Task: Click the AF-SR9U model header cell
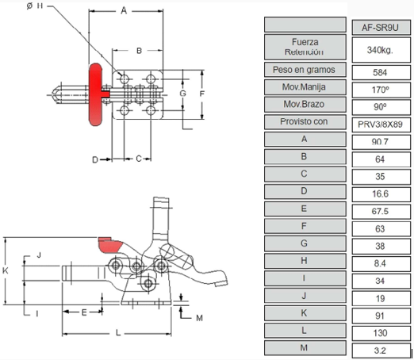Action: point(381,27)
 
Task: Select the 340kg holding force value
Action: point(381,50)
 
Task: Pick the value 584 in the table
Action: point(381,72)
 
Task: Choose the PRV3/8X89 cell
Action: point(381,124)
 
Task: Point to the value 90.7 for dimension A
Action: point(381,142)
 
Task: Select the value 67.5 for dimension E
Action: point(381,212)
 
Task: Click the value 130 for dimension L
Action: point(381,333)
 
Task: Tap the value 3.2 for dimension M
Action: point(381,350)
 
